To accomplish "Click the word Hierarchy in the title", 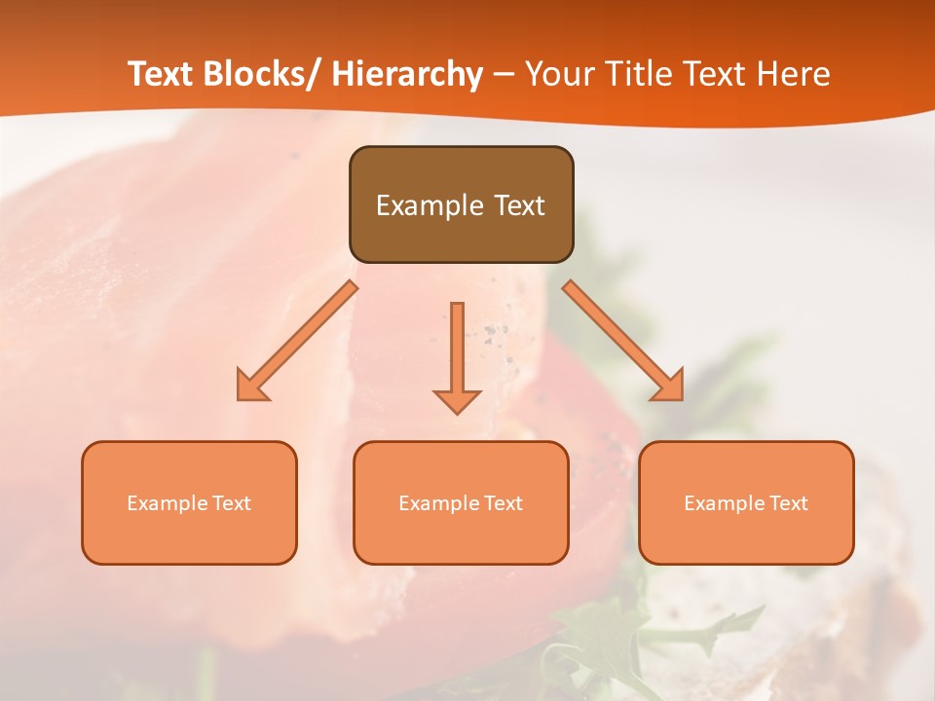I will click(x=407, y=74).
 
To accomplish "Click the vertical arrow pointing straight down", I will click(x=457, y=355).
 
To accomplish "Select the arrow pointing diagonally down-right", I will click(x=623, y=341).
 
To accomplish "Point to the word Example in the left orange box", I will click(x=167, y=503).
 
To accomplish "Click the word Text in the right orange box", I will click(x=788, y=503).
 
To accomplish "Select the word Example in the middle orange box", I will click(x=438, y=503).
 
